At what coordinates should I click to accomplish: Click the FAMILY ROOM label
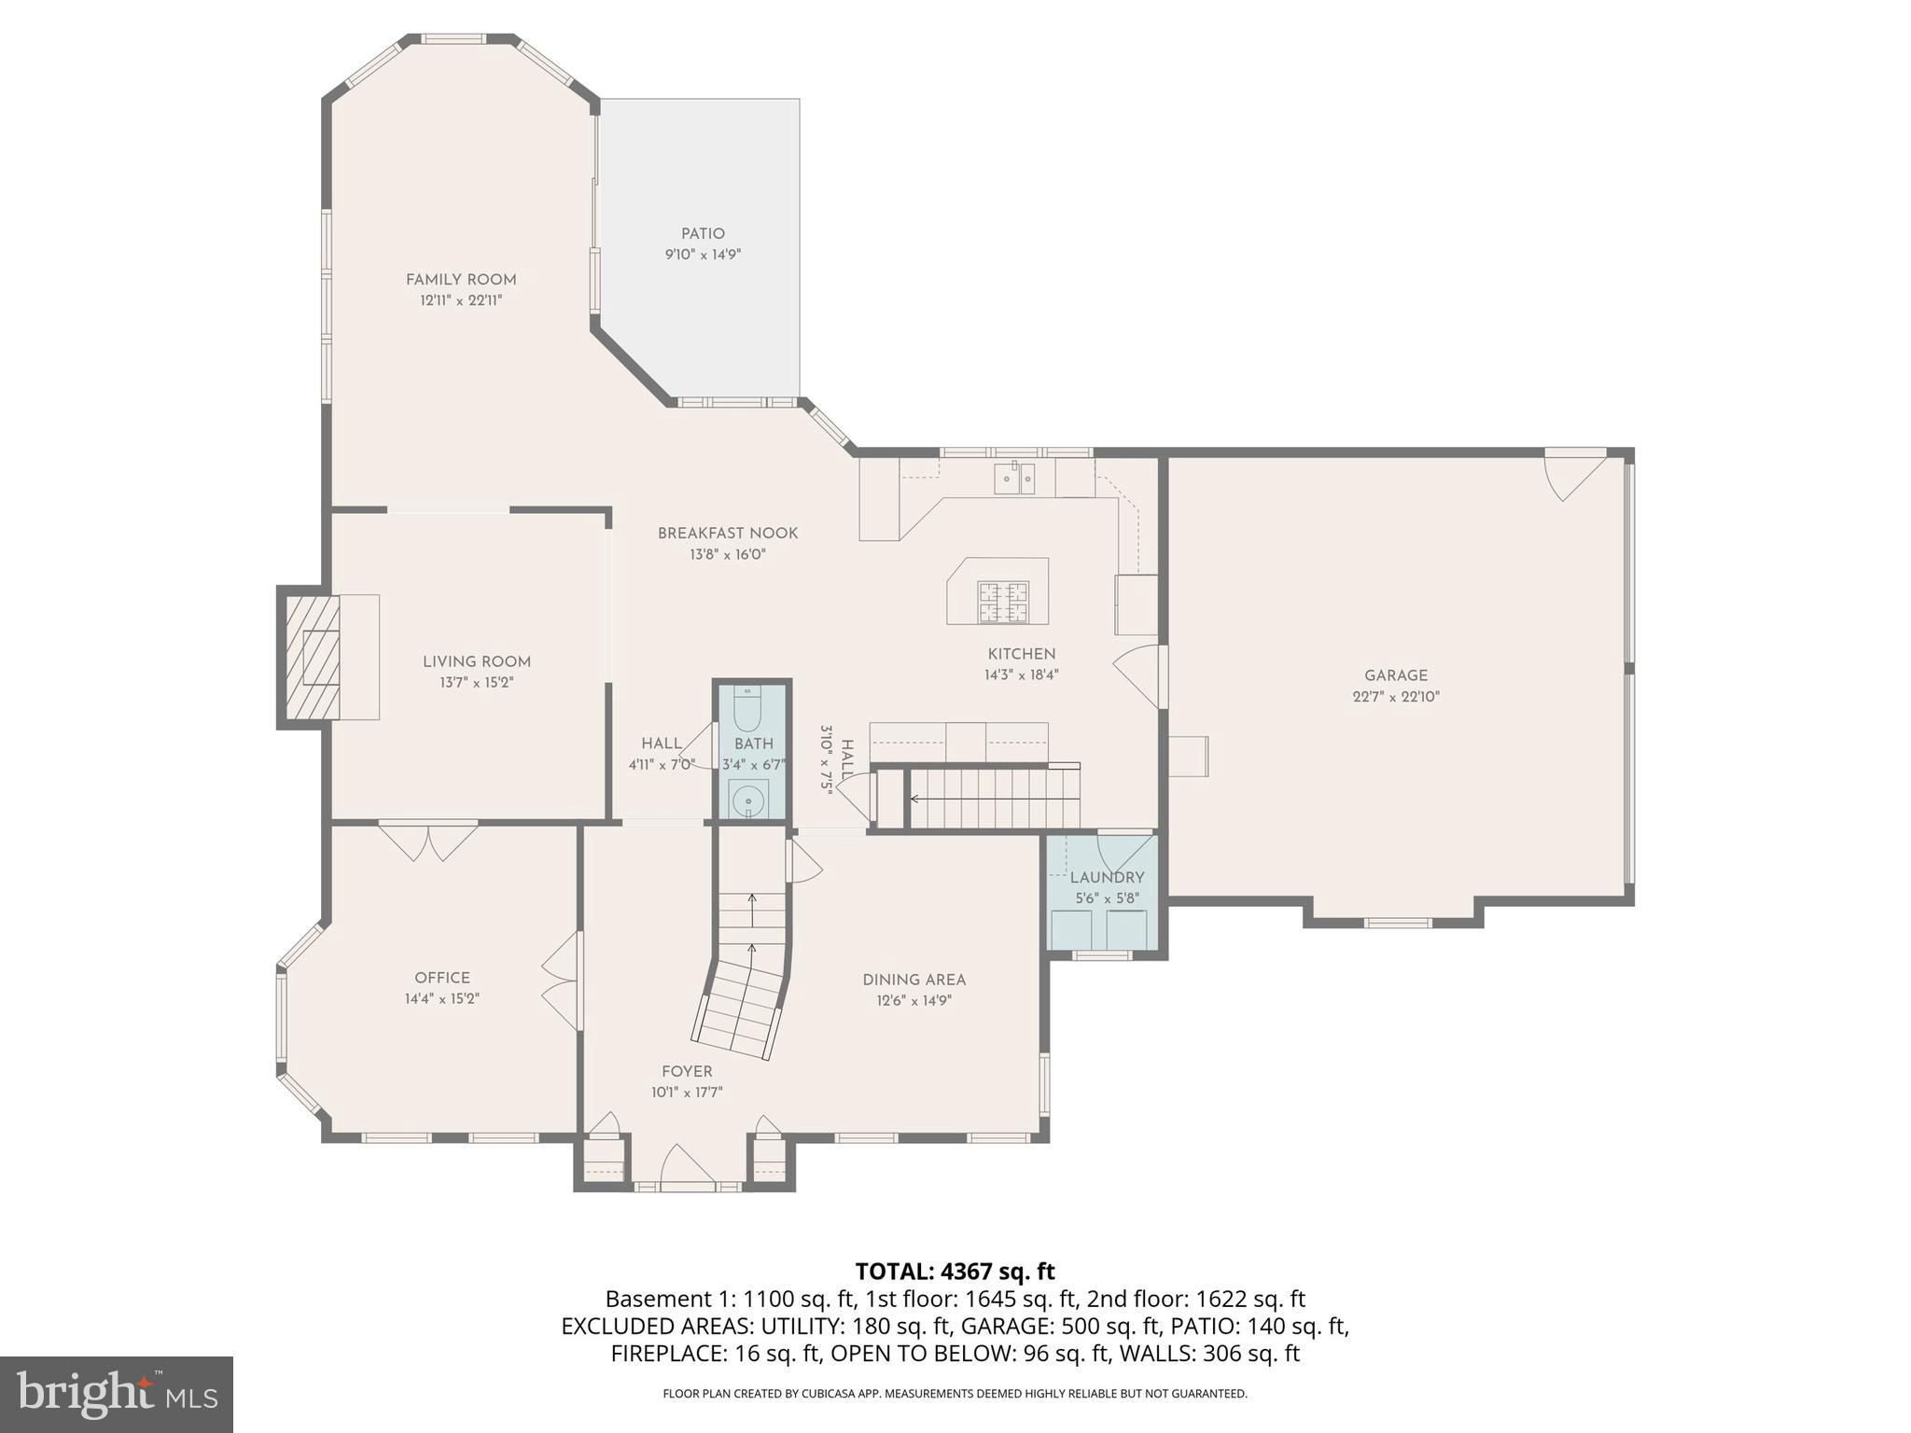[461, 279]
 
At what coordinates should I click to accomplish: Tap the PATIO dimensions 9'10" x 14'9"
[703, 254]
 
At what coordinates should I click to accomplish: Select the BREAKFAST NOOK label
[728, 534]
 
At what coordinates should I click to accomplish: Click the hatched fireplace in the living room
[313, 657]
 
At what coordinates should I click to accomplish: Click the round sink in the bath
[747, 800]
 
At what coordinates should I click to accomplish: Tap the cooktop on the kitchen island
[1003, 602]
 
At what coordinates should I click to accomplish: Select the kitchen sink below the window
[1013, 478]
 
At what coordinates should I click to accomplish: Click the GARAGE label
[1396, 675]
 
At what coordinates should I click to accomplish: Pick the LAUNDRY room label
[1107, 878]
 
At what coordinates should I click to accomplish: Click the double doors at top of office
[428, 841]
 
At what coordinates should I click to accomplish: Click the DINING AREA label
[914, 980]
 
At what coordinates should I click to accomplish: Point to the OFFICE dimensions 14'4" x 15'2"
[442, 998]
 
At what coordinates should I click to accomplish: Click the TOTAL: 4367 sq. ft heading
[955, 1272]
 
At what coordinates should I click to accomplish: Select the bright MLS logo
[117, 1395]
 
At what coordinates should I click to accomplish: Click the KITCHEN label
[1022, 654]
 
